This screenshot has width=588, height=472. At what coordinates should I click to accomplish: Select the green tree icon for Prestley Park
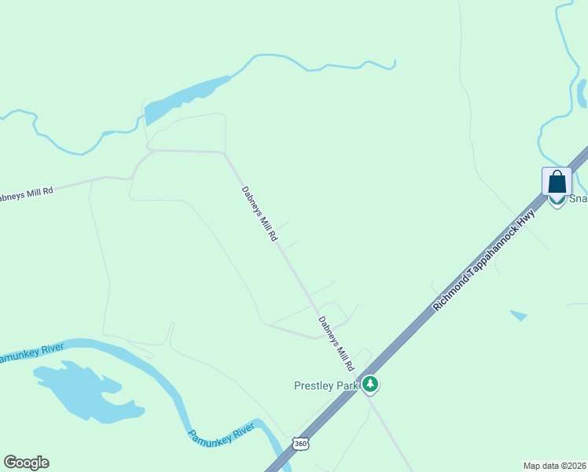point(370,385)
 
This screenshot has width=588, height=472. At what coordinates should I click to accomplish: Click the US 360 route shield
point(301,444)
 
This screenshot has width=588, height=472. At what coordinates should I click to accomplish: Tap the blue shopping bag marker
point(557,183)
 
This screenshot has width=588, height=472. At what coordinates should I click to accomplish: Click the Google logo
point(26,463)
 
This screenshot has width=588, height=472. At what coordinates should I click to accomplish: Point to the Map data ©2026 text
point(555,466)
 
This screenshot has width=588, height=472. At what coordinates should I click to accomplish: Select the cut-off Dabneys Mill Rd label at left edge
point(26,193)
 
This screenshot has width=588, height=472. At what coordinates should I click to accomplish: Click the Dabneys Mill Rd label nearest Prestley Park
point(336,344)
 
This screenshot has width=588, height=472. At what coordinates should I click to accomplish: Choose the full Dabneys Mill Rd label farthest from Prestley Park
point(259,213)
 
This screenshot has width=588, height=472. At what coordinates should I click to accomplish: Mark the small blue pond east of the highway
point(518,315)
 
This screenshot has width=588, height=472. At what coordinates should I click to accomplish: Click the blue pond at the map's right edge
point(582,93)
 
